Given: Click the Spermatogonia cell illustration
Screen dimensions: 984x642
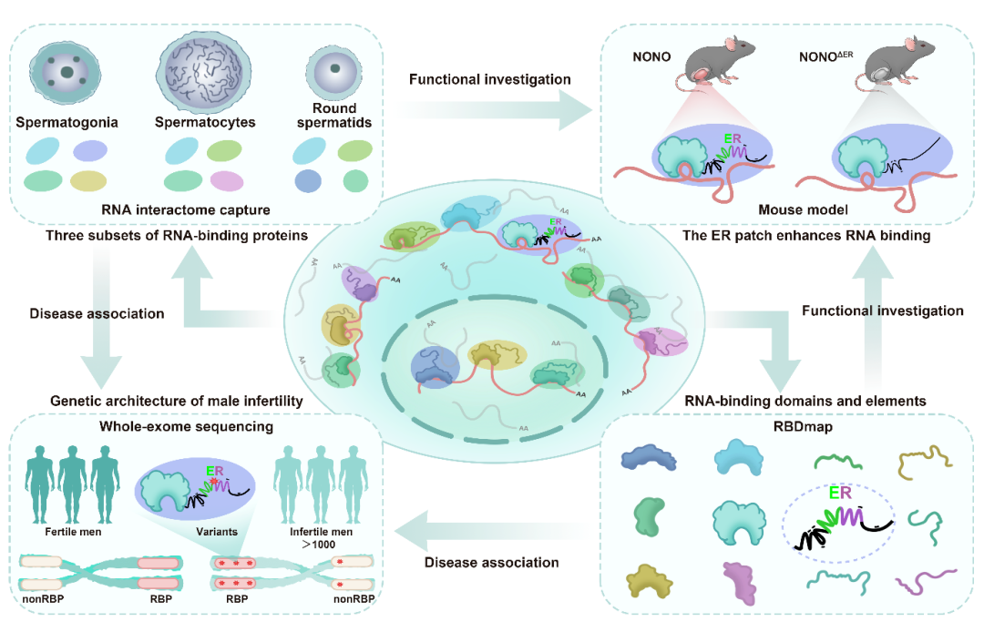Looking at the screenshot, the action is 66,72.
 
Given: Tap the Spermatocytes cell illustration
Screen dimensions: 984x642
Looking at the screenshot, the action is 204,72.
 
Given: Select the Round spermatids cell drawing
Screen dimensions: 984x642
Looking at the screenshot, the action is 334,71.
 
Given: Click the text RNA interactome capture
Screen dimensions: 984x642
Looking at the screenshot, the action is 186,210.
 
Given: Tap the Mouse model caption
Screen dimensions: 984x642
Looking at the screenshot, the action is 803,210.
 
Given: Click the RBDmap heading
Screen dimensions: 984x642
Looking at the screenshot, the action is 803,427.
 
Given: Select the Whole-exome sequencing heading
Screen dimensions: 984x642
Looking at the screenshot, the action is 187,427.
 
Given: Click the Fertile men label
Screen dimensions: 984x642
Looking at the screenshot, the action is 73,532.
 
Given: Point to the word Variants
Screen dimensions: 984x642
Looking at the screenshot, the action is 217,532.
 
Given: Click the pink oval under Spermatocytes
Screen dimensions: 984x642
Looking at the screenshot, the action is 227,181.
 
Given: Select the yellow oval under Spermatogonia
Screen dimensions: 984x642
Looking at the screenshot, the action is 88,181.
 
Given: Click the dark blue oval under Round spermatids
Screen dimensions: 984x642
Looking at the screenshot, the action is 308,181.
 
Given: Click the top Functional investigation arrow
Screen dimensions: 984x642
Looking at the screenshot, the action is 496,110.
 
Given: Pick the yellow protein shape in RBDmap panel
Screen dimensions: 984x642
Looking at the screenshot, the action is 649,581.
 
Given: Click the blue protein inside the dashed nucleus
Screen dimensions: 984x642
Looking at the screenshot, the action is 435,367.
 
